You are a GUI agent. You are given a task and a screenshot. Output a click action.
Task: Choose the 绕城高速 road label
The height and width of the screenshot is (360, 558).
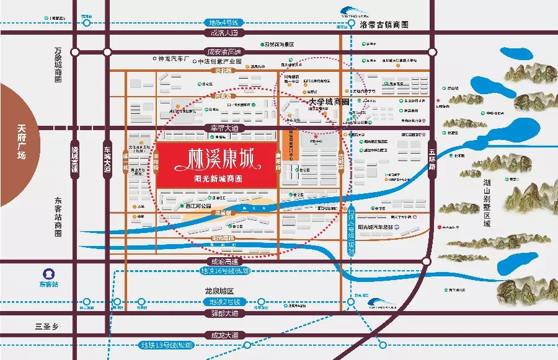pos(75,160)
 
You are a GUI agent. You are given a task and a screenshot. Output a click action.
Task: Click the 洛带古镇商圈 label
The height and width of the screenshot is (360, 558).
pos(384,25)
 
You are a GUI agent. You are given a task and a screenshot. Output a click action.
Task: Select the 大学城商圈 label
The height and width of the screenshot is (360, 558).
pos(329,101)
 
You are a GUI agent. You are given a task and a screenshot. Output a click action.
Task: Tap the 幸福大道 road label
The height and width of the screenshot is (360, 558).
pos(221,127)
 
